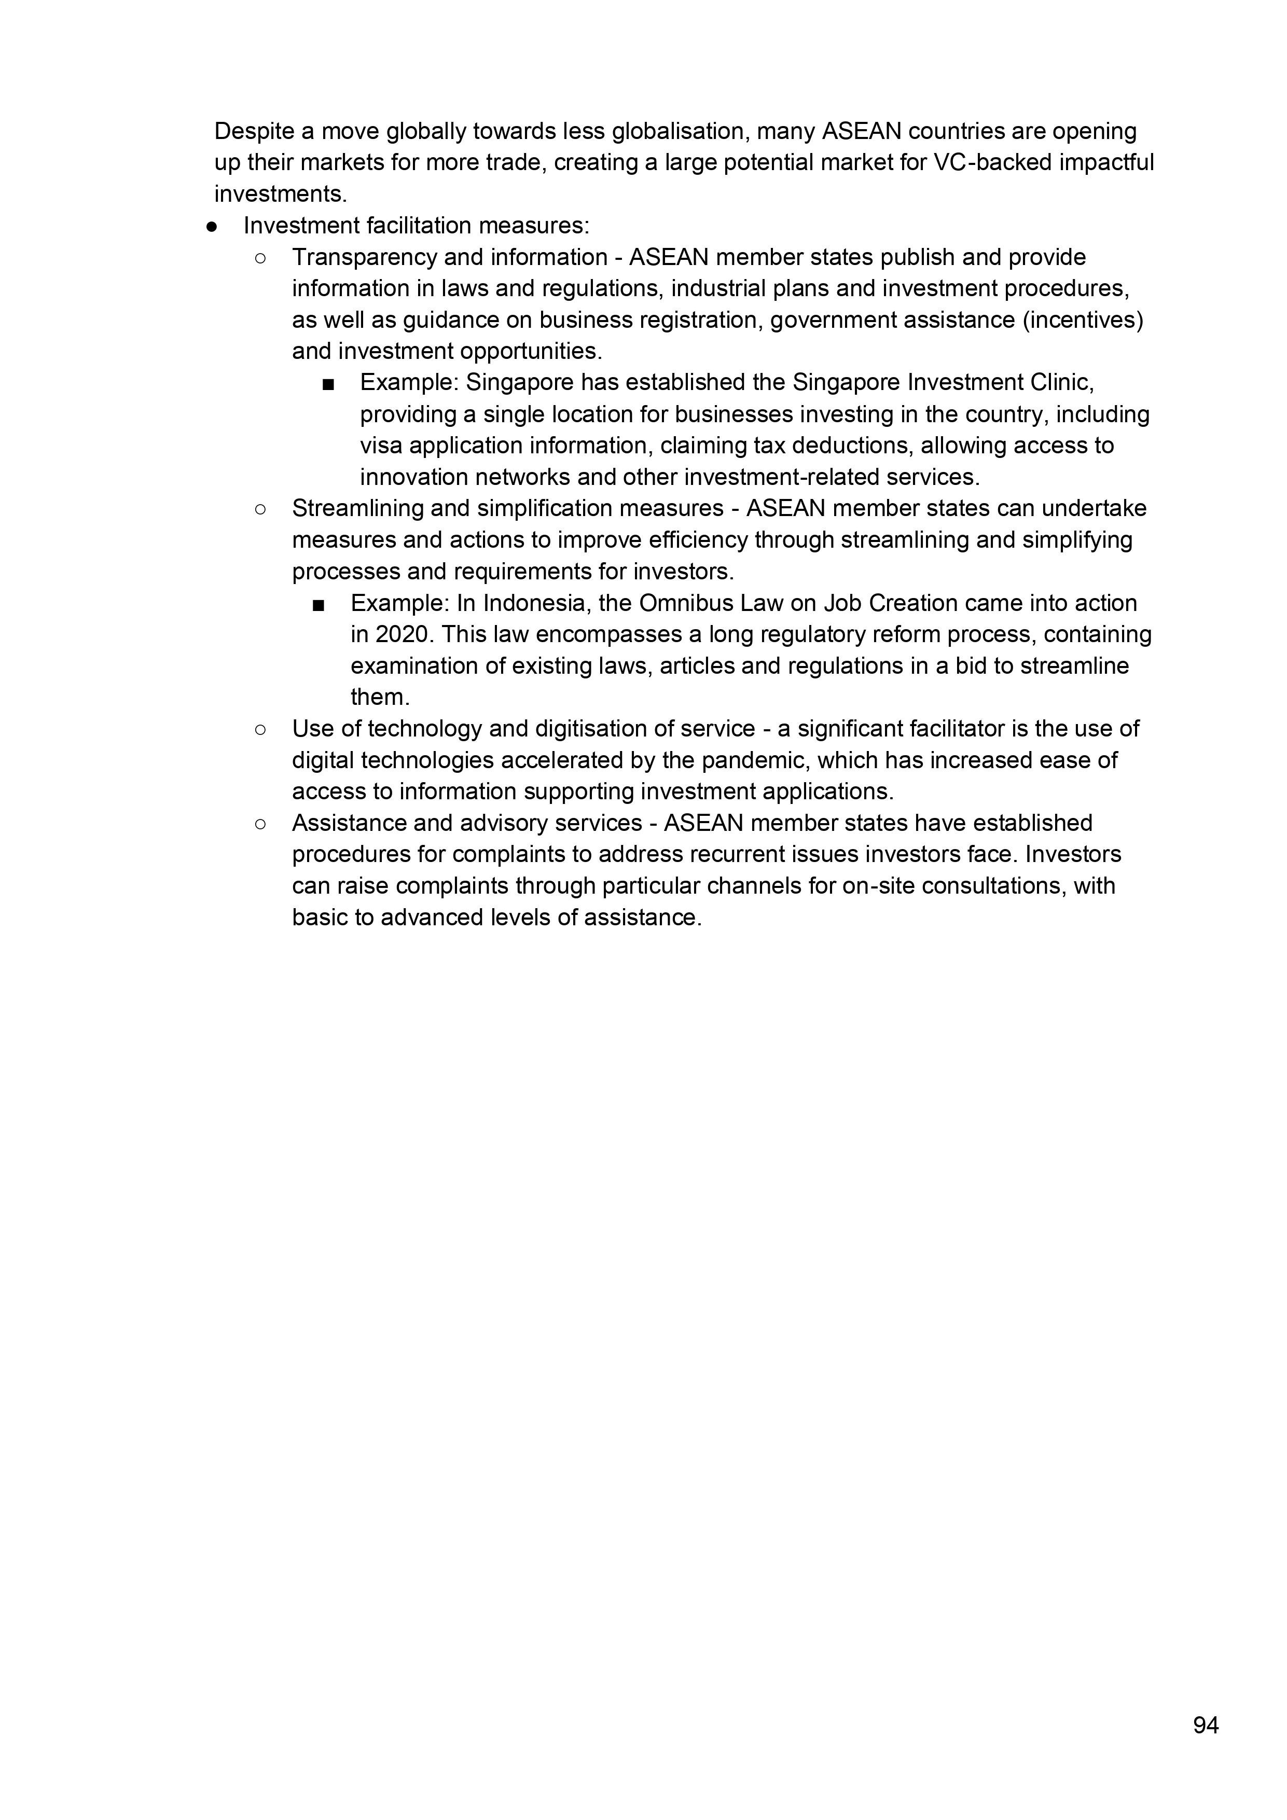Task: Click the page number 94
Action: point(1206,1725)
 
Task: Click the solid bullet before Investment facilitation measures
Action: point(212,227)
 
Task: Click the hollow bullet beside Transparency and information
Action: point(260,258)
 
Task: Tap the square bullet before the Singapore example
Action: point(328,384)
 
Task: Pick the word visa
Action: point(381,446)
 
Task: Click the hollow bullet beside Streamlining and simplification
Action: point(260,509)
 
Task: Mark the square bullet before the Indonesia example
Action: point(319,605)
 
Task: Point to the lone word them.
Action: point(380,698)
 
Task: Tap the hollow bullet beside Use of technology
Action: point(260,729)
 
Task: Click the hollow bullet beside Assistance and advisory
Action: point(260,824)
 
